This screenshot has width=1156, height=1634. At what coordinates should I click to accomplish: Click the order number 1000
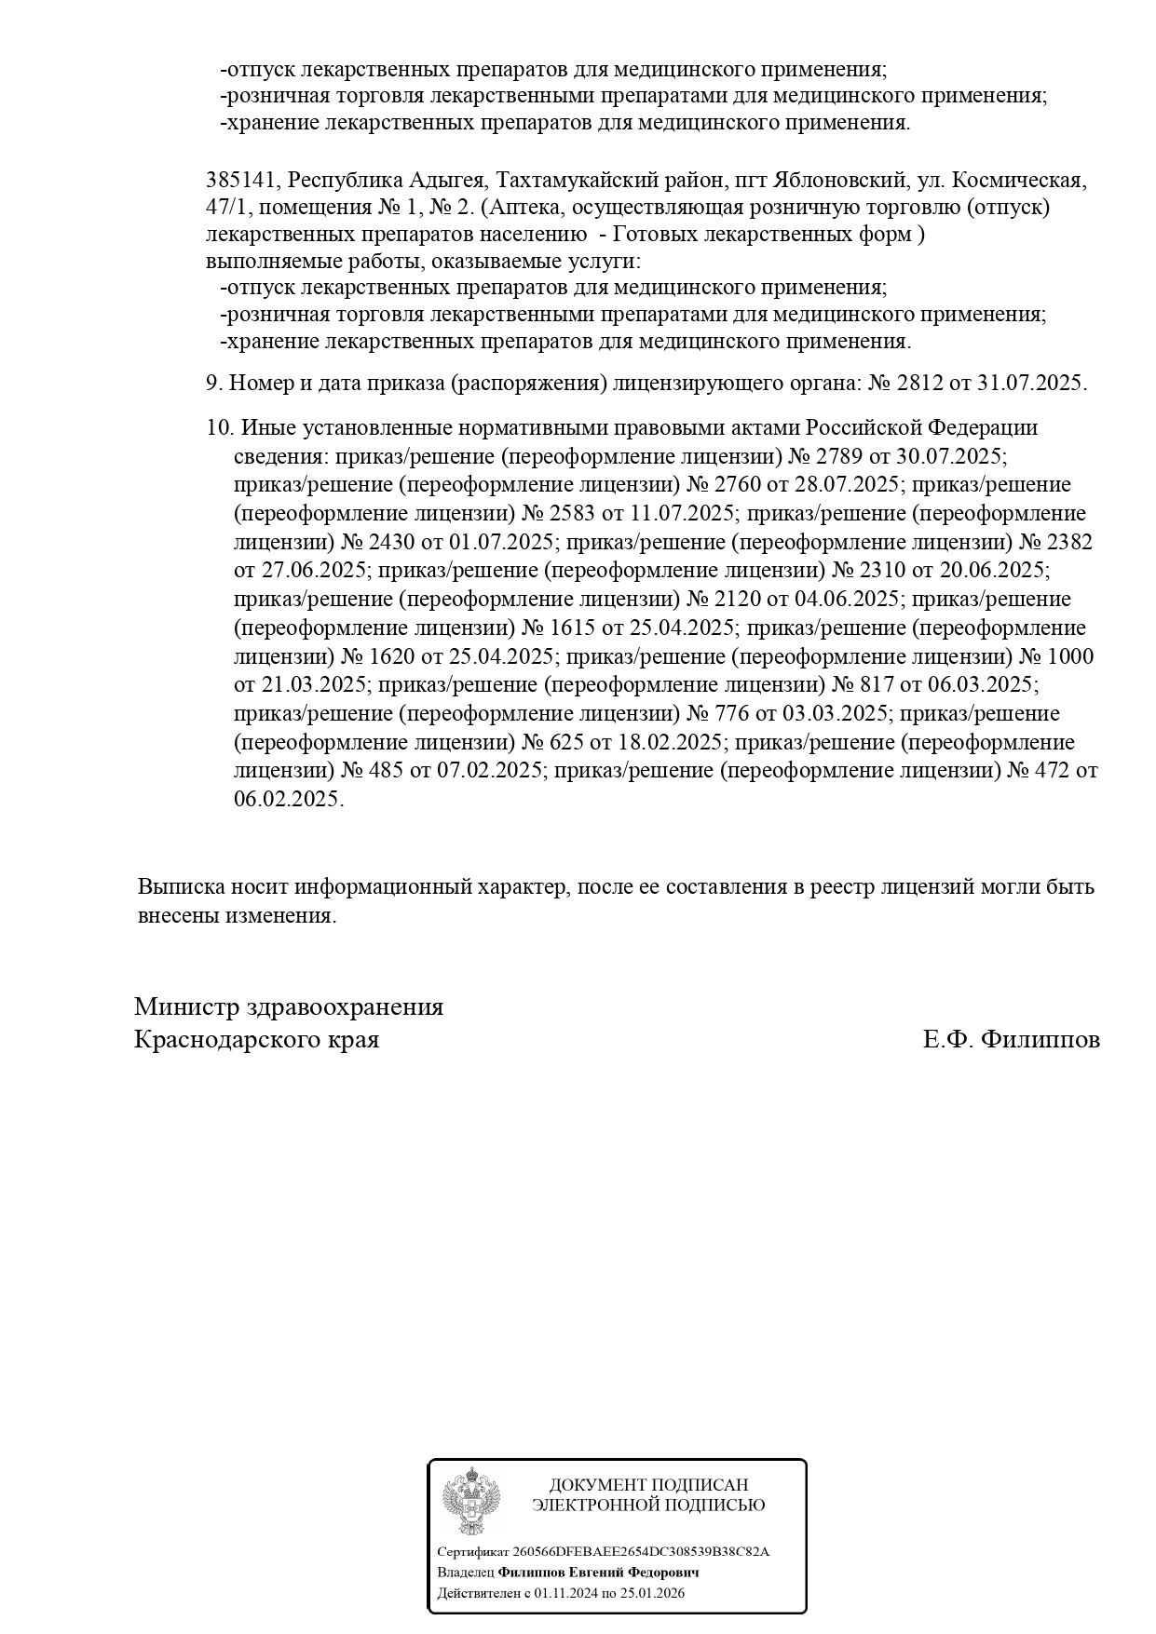coord(1070,656)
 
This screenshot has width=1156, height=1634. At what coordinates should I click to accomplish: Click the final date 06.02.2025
coord(288,800)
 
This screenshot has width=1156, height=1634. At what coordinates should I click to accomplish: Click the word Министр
coord(185,1006)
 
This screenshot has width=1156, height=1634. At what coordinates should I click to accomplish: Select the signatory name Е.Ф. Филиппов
coord(1011,1039)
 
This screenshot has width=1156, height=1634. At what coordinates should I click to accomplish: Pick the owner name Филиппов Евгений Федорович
coord(598,1572)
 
